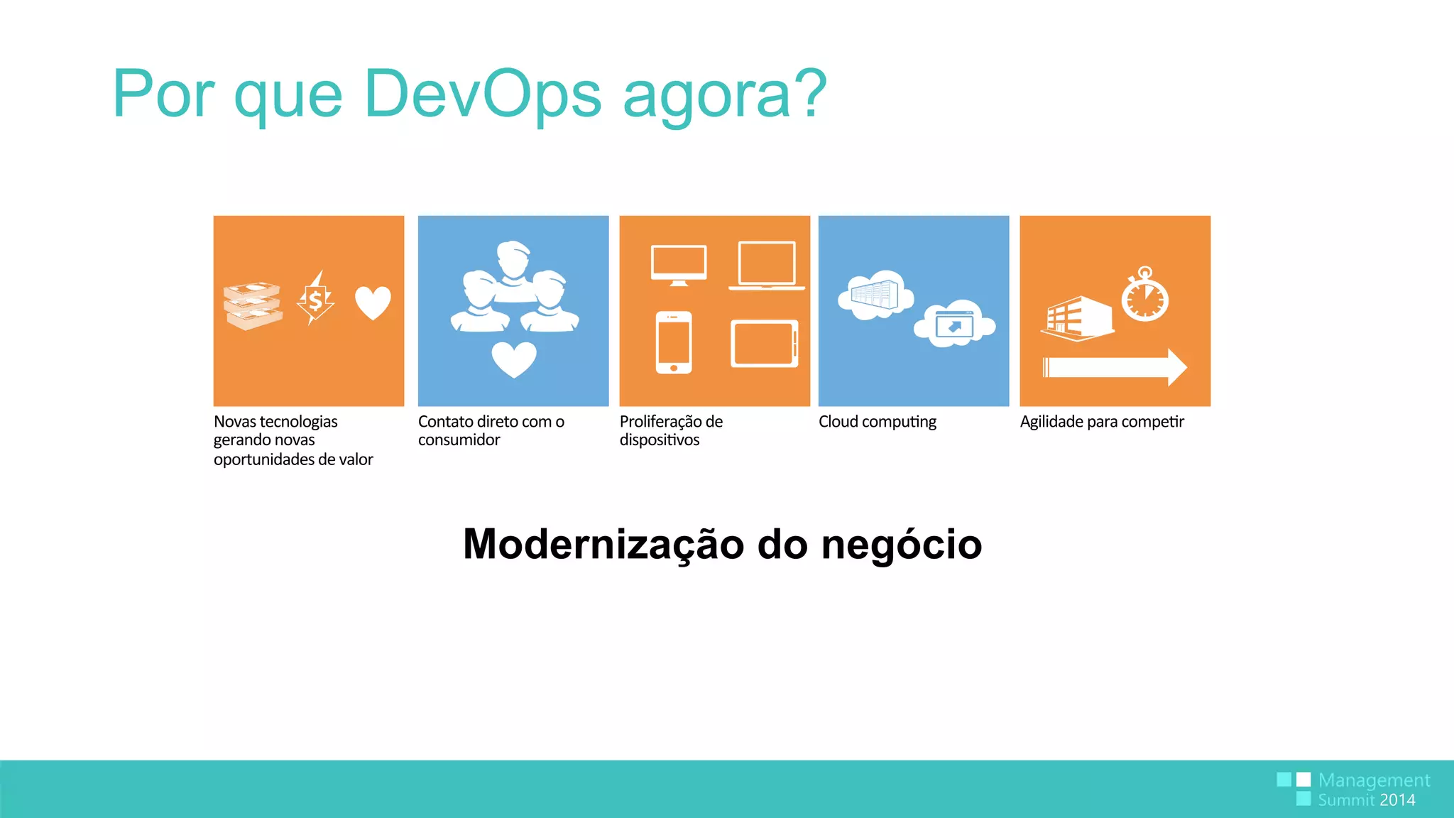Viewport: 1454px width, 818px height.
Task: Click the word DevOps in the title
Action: pos(483,94)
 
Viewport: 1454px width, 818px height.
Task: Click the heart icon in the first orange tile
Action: pos(373,302)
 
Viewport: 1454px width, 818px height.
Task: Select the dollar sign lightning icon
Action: pos(315,299)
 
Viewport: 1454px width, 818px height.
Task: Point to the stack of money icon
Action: pos(252,306)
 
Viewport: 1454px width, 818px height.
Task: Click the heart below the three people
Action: pos(514,359)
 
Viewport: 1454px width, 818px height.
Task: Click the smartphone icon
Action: pos(674,342)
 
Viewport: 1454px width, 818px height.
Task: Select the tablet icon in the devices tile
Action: pos(765,344)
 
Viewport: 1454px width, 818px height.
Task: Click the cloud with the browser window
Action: pos(954,324)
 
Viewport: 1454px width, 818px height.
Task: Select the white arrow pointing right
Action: pos(1115,367)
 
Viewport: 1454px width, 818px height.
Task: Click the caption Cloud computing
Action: pos(878,422)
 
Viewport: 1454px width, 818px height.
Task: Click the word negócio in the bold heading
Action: pos(901,545)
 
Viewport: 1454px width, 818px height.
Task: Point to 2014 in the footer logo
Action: pos(1397,800)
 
